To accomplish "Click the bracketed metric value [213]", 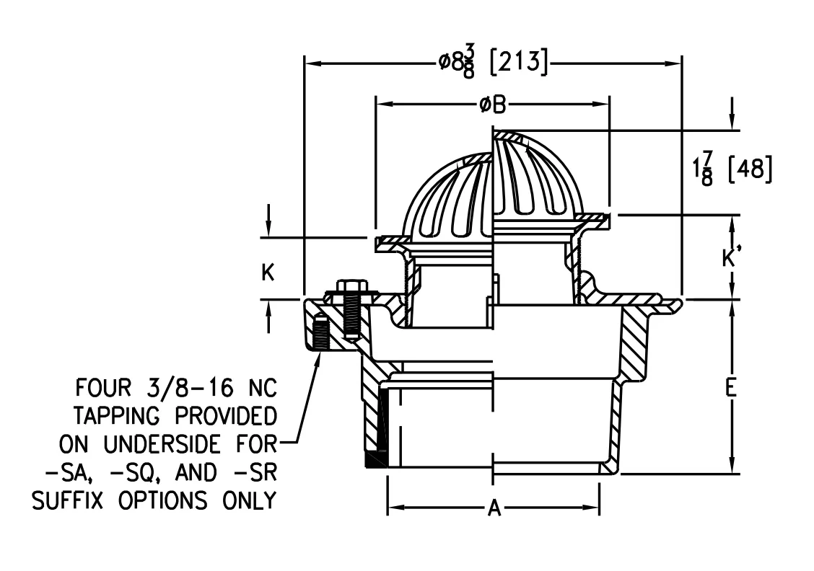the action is pyautogui.click(x=519, y=62).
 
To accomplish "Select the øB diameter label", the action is pyautogui.click(x=492, y=105).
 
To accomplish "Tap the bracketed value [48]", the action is pyautogui.click(x=750, y=169).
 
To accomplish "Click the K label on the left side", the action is pyautogui.click(x=268, y=272).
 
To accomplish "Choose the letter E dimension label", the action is pyautogui.click(x=731, y=387).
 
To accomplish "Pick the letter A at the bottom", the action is pyautogui.click(x=494, y=508).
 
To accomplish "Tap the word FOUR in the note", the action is pyautogui.click(x=103, y=387).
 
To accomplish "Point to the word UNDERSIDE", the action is pyautogui.click(x=162, y=444).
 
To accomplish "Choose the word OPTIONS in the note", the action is pyautogui.click(x=162, y=501).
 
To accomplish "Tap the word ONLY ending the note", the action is pyautogui.click(x=250, y=501).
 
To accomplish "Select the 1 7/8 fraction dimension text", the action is pyautogui.click(x=704, y=169).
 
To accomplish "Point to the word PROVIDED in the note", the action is pyautogui.click(x=225, y=416).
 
